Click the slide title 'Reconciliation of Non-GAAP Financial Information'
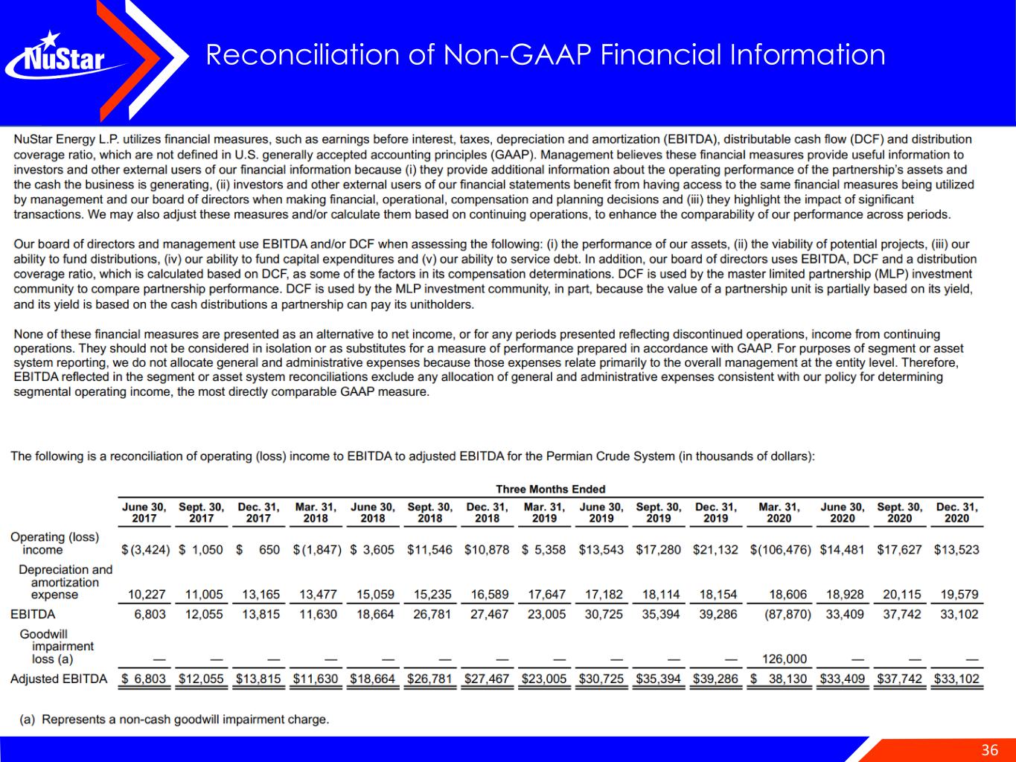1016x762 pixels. (x=545, y=55)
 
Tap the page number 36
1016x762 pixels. (x=989, y=749)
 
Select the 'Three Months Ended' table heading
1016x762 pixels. (x=550, y=489)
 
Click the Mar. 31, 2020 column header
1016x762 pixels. (x=779, y=512)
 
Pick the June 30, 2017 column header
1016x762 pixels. (x=144, y=512)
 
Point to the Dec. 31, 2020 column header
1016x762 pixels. (x=956, y=512)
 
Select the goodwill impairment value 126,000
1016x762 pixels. (x=785, y=659)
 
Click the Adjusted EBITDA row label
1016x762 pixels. (x=58, y=679)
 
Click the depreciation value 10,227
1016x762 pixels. (x=147, y=595)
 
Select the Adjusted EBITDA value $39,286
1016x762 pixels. (x=715, y=679)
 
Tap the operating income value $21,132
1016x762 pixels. (x=715, y=550)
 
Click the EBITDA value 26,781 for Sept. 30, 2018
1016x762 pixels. (x=432, y=614)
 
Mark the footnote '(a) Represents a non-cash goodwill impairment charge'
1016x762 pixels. (x=174, y=719)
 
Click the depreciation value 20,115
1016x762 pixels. (x=901, y=595)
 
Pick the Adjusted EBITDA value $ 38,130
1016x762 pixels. (x=779, y=679)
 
